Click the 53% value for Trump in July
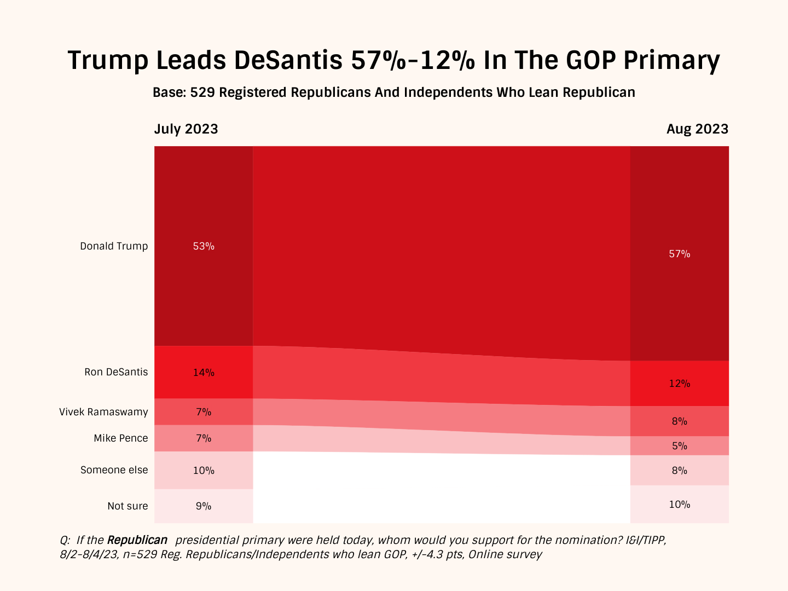tap(204, 246)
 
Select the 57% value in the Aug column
tap(679, 254)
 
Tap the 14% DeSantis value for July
tap(204, 373)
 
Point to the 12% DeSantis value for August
tap(679, 384)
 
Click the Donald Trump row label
tap(114, 246)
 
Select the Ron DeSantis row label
tap(116, 372)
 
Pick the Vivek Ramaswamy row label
tap(103, 412)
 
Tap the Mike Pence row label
tap(120, 438)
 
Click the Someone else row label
tap(114, 470)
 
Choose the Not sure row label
tap(128, 506)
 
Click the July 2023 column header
tap(186, 129)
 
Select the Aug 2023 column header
tap(697, 129)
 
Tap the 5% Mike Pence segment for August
tap(679, 446)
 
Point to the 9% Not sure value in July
tap(204, 506)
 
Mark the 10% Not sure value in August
tap(679, 505)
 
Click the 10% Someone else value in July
tap(204, 471)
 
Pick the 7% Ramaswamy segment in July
tap(204, 412)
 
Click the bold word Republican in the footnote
tap(137, 540)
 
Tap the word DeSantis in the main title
tap(288, 60)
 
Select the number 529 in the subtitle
tap(202, 92)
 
